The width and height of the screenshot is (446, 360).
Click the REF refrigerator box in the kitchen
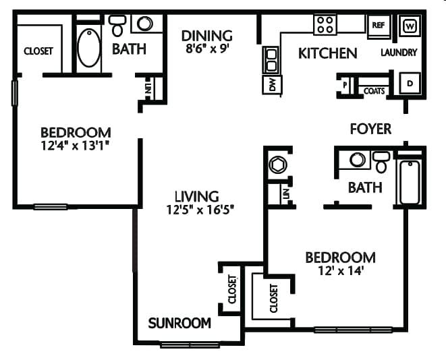click(x=377, y=25)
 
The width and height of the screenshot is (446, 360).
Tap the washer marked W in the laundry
click(x=409, y=26)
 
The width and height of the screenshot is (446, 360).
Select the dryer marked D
click(x=409, y=84)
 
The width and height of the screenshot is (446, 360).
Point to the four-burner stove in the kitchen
click(x=325, y=25)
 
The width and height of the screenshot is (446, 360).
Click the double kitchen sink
click(x=271, y=59)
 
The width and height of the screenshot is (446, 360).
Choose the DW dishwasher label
click(x=272, y=84)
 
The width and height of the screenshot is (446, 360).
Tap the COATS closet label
click(x=374, y=90)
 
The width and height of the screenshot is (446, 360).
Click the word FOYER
click(x=370, y=128)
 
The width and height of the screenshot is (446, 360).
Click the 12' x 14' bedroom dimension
click(x=340, y=271)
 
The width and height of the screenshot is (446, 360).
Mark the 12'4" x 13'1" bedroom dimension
click(x=75, y=145)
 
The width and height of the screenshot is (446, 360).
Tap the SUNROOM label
click(x=179, y=323)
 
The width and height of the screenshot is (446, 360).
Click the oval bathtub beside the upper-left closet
click(x=88, y=47)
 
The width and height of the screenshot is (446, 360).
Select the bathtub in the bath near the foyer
click(x=410, y=182)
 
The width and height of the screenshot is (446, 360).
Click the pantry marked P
click(x=345, y=85)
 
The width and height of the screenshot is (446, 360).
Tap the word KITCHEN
click(x=328, y=53)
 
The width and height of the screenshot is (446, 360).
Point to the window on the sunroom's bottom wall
click(x=190, y=345)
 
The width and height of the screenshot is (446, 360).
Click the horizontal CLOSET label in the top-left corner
click(x=38, y=51)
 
